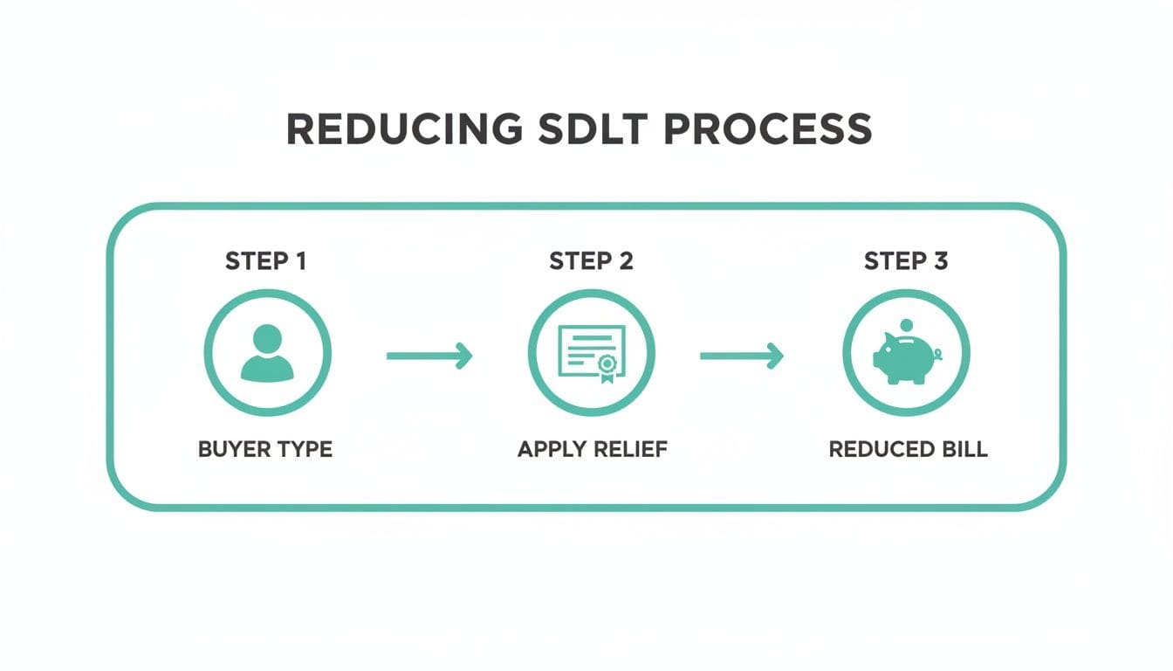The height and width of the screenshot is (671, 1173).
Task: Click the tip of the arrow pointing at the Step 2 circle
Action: coord(472,356)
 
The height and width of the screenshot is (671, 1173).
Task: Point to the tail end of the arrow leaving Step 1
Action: coord(388,356)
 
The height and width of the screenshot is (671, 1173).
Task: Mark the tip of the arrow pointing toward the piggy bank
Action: coord(784,356)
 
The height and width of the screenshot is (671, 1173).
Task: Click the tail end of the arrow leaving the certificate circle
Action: coord(701,356)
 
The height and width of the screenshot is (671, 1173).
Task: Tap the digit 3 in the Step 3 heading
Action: coord(940,261)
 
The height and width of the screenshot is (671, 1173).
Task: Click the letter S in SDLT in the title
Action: coord(554,129)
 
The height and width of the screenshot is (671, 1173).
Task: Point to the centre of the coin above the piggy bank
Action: coord(906,326)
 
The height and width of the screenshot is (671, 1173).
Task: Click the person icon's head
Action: coord(267,339)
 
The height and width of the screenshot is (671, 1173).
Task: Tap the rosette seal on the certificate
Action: coord(607,366)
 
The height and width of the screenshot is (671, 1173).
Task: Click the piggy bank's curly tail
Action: coord(937,355)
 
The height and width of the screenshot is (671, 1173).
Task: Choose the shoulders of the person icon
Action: coord(267,368)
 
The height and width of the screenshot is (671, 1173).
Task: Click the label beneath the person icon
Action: coord(265,449)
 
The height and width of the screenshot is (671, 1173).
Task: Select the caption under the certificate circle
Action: coord(593,449)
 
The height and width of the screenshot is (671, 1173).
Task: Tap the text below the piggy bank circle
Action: coord(908,449)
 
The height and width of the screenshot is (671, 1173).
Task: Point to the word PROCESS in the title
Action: coord(768,129)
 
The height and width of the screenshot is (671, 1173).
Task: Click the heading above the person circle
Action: coord(265,261)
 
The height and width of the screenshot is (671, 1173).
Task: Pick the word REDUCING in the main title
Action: coord(404,129)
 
